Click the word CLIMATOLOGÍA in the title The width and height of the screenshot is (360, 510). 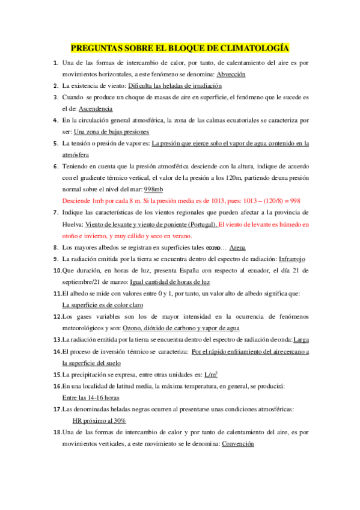pos(255,48)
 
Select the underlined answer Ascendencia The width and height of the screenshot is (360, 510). pos(95,109)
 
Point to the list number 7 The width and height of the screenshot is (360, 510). pos(55,212)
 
